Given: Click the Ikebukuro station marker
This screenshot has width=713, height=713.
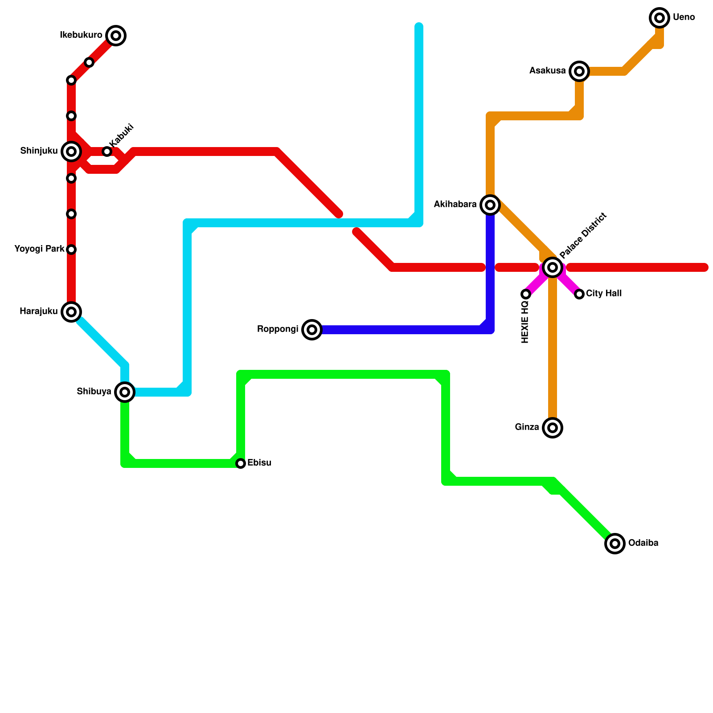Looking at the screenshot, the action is point(116,36).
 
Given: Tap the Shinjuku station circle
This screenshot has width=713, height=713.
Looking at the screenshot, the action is point(71,152).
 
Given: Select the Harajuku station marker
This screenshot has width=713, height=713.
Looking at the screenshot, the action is point(71,311).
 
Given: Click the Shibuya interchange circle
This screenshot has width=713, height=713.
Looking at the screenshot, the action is point(125,392).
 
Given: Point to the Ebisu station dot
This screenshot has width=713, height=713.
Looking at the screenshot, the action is point(241,463).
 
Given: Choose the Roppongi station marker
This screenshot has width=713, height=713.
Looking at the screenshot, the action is point(312,330).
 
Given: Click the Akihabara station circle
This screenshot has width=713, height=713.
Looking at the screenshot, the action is point(490,205).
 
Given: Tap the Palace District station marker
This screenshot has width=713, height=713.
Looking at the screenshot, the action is point(553,267).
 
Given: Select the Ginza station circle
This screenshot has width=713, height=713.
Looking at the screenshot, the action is point(553,428).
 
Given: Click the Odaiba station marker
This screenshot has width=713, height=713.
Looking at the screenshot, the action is point(615,544).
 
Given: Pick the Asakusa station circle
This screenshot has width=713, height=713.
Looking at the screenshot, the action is point(579,71).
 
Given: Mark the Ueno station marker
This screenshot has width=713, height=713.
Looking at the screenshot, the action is point(660,18).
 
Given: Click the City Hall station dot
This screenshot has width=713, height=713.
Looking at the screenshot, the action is point(579,294).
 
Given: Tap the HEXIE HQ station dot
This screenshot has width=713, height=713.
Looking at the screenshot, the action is point(526,294).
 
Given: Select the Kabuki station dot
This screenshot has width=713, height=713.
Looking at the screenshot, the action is point(107,152).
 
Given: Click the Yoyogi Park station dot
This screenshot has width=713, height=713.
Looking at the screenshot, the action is point(71,250).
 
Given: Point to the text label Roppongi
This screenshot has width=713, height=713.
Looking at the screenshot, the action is point(278,329).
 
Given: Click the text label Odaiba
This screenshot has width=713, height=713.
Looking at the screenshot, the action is point(643,543).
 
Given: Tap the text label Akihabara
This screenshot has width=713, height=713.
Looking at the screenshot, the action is point(455,205).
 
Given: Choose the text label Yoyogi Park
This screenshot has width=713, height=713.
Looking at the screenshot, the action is point(39,249).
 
